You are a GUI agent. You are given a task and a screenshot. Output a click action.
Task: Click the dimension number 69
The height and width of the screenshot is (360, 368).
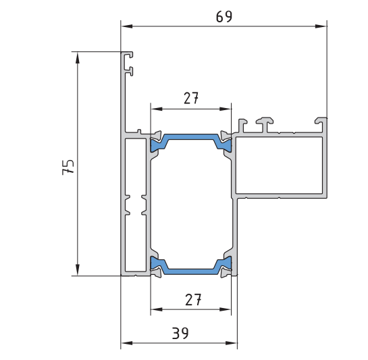tap(224, 17)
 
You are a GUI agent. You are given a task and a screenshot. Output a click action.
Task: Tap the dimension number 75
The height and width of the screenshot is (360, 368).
tap(68, 168)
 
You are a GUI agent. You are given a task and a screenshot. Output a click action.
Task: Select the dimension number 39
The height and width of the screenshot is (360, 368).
tap(180, 333)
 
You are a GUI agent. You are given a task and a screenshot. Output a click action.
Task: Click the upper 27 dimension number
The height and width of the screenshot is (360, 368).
tap(191, 98)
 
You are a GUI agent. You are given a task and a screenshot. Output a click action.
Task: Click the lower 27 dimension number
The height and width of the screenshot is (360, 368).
tap(193, 300)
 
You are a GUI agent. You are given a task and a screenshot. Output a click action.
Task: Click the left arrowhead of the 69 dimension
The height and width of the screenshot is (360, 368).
tap(127, 26)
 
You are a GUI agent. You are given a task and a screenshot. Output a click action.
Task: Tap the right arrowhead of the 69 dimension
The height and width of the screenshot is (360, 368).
tap(321, 26)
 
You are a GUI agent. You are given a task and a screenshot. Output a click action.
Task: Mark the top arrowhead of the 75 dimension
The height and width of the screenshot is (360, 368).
tap(78, 57)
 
